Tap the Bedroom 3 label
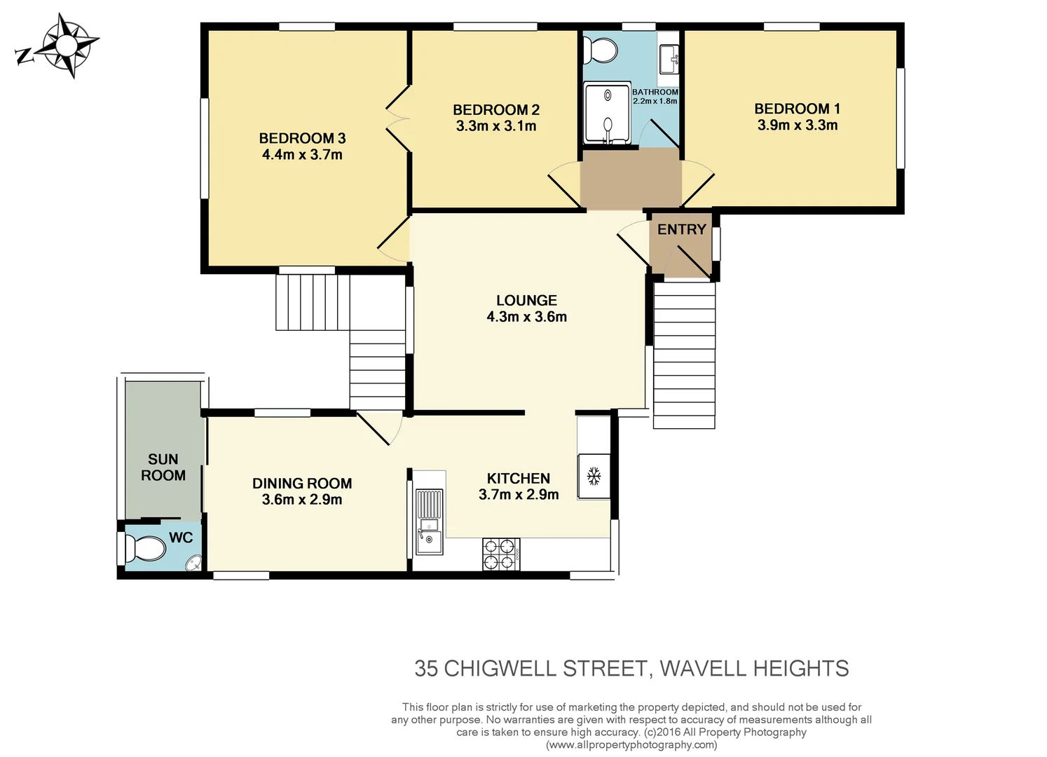point(302,138)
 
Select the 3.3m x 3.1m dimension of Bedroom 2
point(496,126)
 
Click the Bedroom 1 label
point(797,109)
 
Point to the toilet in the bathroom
point(601,50)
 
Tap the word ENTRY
point(681,229)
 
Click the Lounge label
point(526,300)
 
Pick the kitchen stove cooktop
point(501,554)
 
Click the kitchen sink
point(429,522)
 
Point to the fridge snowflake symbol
point(594,477)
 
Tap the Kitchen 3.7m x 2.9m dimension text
point(519,495)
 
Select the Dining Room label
point(302,483)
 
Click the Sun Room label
point(163,467)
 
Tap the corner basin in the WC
point(193,563)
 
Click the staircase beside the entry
point(684,355)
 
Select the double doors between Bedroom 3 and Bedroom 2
point(399,118)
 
